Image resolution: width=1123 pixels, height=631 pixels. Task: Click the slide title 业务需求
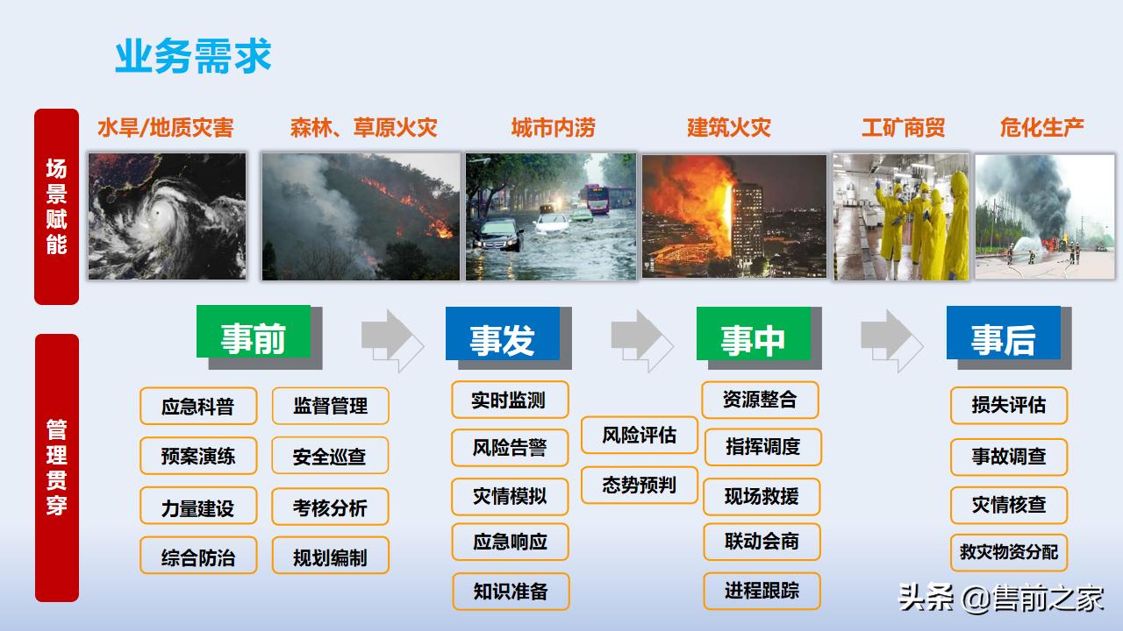pyautogui.click(x=193, y=55)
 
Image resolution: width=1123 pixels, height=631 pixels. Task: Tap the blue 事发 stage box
pyautogui.click(x=503, y=335)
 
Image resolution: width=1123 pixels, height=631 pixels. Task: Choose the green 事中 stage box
pyautogui.click(x=754, y=335)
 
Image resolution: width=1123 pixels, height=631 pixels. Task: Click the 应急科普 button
pyautogui.click(x=198, y=407)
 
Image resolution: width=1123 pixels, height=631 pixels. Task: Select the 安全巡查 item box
pyautogui.click(x=330, y=457)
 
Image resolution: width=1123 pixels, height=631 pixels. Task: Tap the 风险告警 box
pyautogui.click(x=510, y=448)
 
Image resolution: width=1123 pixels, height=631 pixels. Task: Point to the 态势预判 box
pyautogui.click(x=640, y=486)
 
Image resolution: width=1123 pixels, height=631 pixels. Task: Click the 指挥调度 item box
pyautogui.click(x=762, y=447)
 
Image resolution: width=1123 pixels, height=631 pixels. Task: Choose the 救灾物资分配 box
pyautogui.click(x=1009, y=552)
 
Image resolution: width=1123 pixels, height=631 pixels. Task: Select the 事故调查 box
pyautogui.click(x=1009, y=457)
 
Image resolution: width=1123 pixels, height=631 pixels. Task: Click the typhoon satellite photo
pyautogui.click(x=167, y=216)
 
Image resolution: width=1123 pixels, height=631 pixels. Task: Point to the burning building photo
pyautogui.click(x=734, y=216)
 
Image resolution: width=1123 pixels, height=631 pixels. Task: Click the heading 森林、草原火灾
pyautogui.click(x=363, y=128)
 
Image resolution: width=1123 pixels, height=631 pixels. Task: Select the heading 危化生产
pyautogui.click(x=1041, y=128)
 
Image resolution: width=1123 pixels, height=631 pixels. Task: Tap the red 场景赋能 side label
pyautogui.click(x=56, y=207)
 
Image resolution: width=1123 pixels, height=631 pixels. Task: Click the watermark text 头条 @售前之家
pyautogui.click(x=1001, y=599)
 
